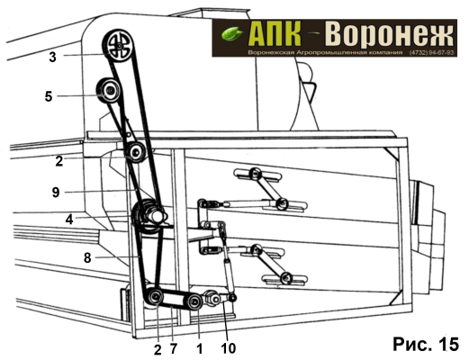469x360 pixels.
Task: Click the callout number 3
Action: click(x=53, y=57)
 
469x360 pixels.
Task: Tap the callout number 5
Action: click(x=49, y=96)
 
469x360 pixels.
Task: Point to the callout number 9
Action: click(x=56, y=192)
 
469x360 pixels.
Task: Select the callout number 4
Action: click(x=69, y=220)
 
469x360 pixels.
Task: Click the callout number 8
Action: click(x=87, y=257)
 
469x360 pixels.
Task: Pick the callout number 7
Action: click(x=174, y=349)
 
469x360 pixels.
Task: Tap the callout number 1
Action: click(x=200, y=349)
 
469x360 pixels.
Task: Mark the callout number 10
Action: click(x=229, y=349)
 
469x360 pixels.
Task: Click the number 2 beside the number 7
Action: click(x=158, y=349)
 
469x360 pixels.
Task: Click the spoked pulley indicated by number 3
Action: click(x=119, y=46)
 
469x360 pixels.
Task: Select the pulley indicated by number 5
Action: click(x=109, y=90)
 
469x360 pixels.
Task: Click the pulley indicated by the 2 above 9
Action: click(x=136, y=152)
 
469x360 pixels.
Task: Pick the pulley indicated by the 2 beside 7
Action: click(x=156, y=297)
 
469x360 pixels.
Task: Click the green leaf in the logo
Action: click(x=232, y=33)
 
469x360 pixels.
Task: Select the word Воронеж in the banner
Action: click(x=389, y=34)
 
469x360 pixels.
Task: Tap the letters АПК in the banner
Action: click(x=275, y=33)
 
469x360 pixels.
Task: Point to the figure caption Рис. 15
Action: click(x=426, y=344)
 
